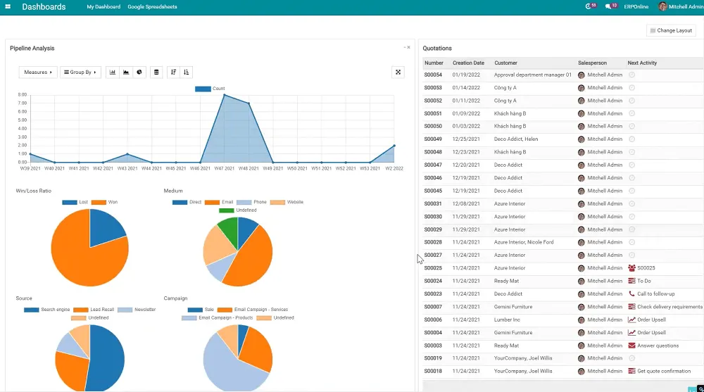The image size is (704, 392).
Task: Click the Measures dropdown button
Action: coord(38,72)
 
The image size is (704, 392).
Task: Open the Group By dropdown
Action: coord(80,72)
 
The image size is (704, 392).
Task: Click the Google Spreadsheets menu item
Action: coord(152,6)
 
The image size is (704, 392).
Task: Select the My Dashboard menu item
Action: coord(104,6)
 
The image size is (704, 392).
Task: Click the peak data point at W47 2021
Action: coord(225,95)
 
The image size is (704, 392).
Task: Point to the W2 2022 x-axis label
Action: coord(394,169)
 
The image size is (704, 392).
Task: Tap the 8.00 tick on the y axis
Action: coord(23,95)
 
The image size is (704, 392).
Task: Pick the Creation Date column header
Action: coord(468,63)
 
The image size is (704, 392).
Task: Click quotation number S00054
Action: coord(433,75)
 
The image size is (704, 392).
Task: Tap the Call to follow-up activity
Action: coord(655,294)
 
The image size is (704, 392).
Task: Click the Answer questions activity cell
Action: coord(658,346)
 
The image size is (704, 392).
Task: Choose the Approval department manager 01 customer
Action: coord(533,75)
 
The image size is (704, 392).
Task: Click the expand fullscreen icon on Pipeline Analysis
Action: coord(398,72)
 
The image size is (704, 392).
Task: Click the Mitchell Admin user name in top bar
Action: coord(686,6)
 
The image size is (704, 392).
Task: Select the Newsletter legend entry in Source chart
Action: coord(144,310)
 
